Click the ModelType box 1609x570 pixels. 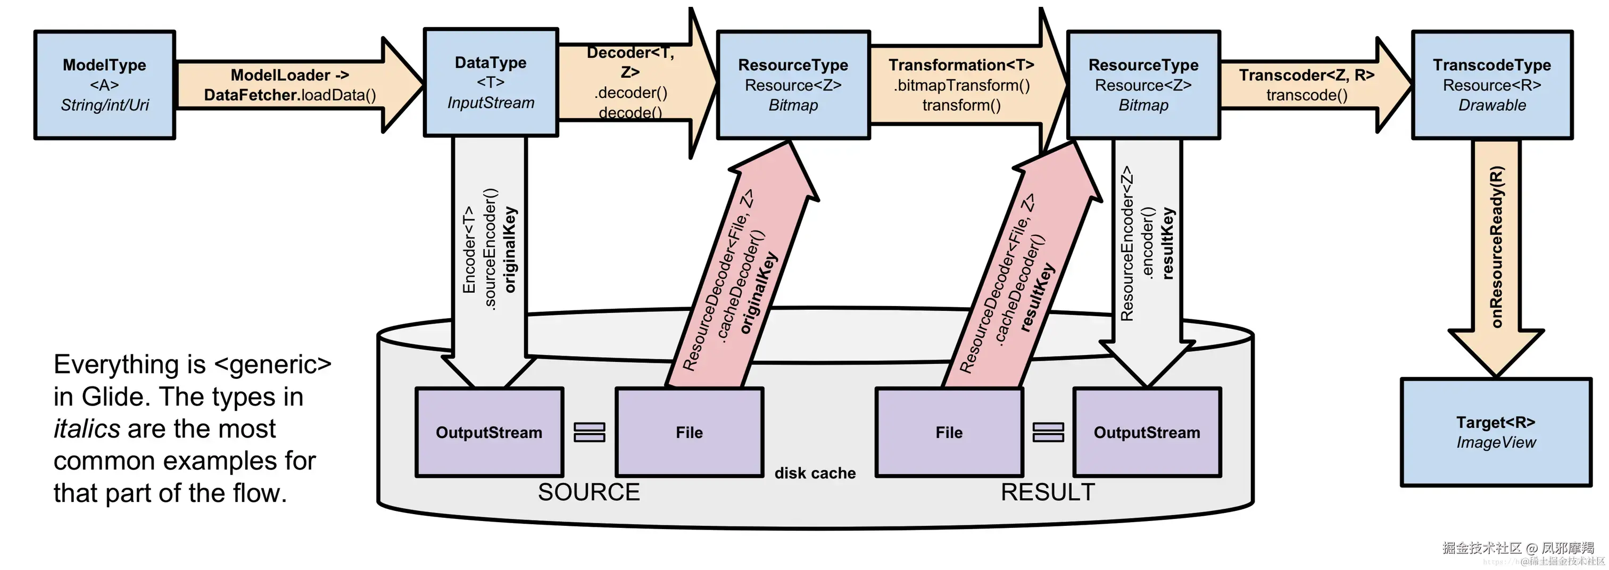tap(104, 85)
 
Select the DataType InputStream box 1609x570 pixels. tap(491, 82)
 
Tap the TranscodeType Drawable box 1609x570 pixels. tap(1491, 85)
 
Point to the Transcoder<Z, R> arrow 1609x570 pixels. tap(1307, 85)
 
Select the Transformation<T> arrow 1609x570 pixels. tap(961, 85)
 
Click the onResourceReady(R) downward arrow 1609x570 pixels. tap(1497, 250)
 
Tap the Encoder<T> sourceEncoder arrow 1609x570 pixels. tap(490, 250)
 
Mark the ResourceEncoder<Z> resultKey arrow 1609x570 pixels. tap(1147, 250)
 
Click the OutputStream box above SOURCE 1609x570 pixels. tap(489, 433)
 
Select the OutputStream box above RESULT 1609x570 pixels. tap(1147, 433)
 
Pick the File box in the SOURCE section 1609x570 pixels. tap(689, 433)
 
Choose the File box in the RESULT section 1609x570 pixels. tap(949, 433)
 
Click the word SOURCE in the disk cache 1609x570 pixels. tap(588, 492)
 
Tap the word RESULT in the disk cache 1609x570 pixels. tap(1048, 492)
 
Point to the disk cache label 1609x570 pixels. tap(815, 473)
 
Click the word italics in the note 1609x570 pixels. tap(87, 429)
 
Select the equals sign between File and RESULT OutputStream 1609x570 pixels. tap(1048, 433)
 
